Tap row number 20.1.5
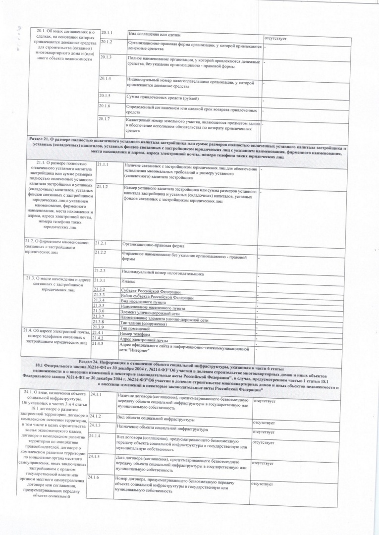point(105,95)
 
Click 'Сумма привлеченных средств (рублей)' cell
point(159,97)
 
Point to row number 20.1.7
point(104,119)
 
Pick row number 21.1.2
point(103,187)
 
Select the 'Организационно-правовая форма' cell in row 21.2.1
point(153,245)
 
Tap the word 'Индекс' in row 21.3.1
point(128,281)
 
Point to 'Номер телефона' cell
point(134,334)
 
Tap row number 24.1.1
point(96,394)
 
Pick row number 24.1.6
point(93,477)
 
